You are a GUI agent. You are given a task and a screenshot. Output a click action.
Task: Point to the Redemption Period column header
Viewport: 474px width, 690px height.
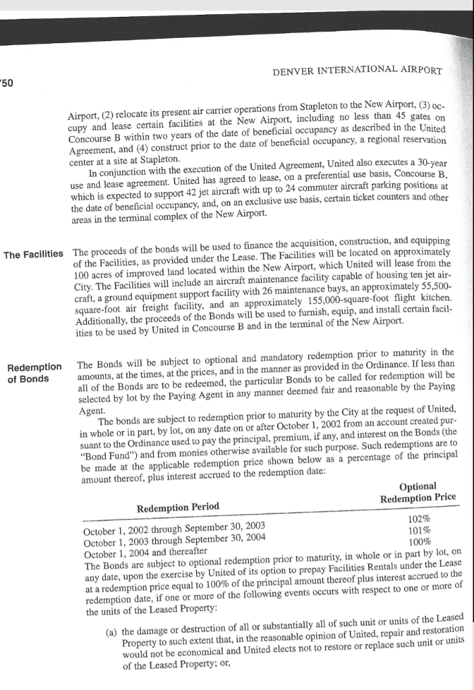pos(177,506)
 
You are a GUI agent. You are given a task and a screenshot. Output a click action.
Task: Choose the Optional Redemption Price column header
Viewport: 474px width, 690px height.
pos(417,491)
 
